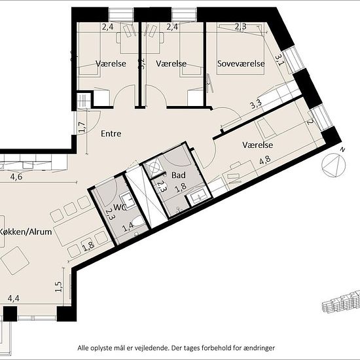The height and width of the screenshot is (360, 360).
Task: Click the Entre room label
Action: pyautogui.click(x=111, y=134)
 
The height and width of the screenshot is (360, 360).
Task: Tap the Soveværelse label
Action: pyautogui.click(x=241, y=63)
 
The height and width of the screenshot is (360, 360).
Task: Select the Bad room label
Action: pyautogui.click(x=179, y=175)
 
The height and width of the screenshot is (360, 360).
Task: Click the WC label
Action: pyautogui.click(x=120, y=207)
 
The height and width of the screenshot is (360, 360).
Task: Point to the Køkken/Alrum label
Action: pyautogui.click(x=26, y=232)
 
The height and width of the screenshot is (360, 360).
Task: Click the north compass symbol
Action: pyautogui.click(x=334, y=164)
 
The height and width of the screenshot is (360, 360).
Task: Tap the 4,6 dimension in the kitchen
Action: pyautogui.click(x=16, y=177)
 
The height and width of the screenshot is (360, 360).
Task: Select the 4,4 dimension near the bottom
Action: pyautogui.click(x=14, y=298)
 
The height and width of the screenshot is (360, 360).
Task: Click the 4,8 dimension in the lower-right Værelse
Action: pyautogui.click(x=265, y=160)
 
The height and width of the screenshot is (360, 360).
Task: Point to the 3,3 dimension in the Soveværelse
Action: pyautogui.click(x=256, y=104)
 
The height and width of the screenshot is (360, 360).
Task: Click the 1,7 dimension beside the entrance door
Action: pyautogui.click(x=82, y=127)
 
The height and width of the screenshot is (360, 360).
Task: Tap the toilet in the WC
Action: pyautogui.click(x=138, y=221)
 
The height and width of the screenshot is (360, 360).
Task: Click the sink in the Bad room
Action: pyautogui.click(x=198, y=196)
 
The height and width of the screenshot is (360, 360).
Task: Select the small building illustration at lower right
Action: pyautogui.click(x=341, y=302)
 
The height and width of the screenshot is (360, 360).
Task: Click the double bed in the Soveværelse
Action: pyautogui.click(x=241, y=48)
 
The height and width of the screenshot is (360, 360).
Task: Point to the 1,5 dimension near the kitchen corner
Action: pyautogui.click(x=59, y=287)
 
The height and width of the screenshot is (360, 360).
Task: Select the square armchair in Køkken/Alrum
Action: pyautogui.click(x=15, y=261)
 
